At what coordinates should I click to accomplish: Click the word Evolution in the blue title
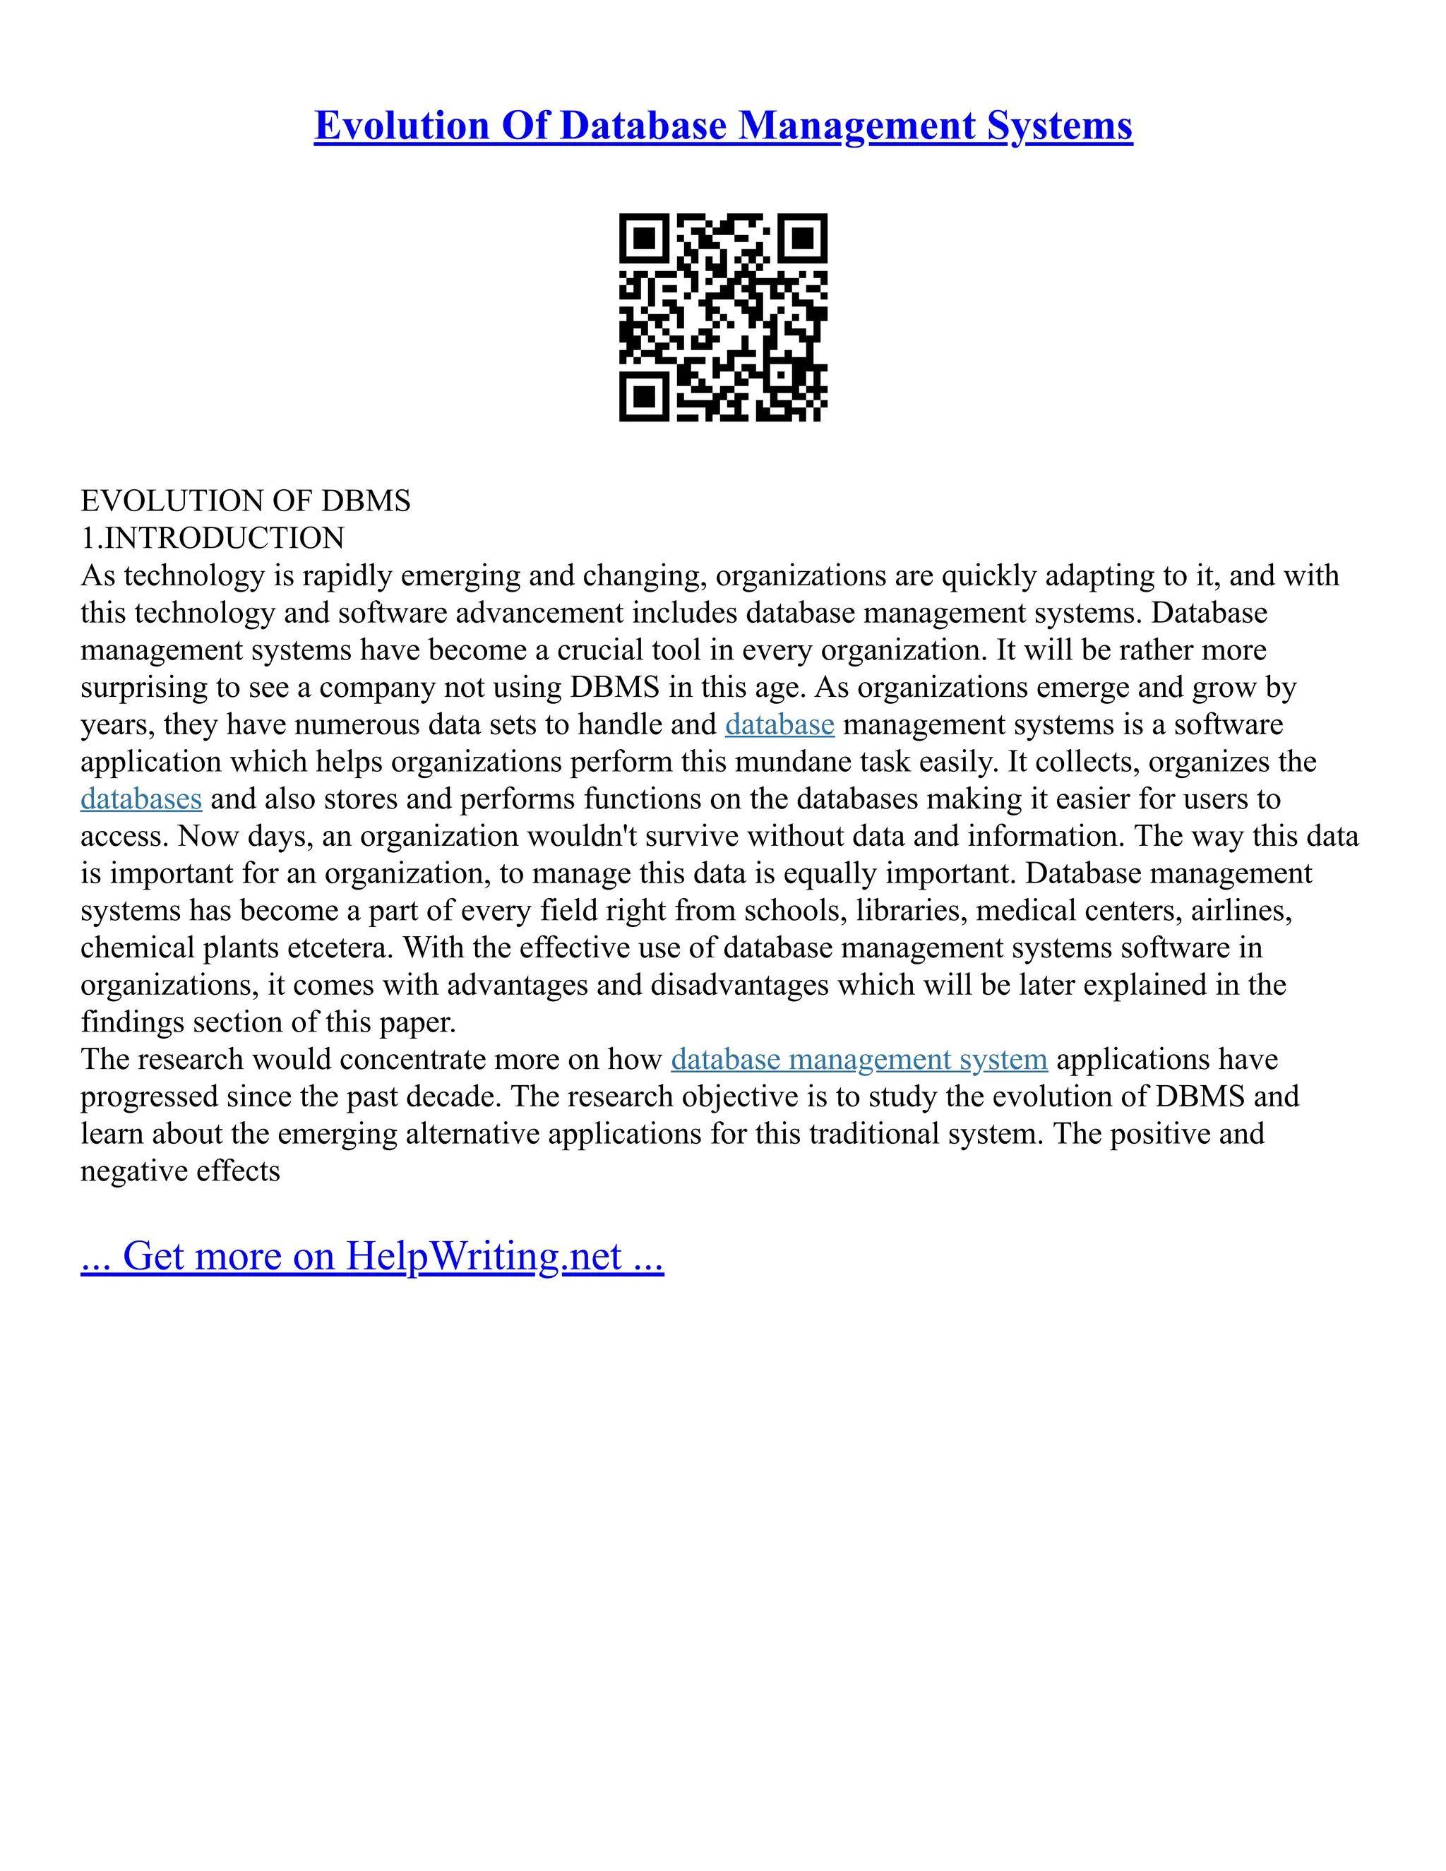coord(401,126)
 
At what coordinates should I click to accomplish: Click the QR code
coord(723,317)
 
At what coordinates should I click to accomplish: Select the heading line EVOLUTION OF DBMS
coord(245,501)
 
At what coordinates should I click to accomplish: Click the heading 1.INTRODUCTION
coord(213,538)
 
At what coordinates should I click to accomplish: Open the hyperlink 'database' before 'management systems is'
coord(779,725)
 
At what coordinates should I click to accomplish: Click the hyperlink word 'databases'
coord(141,799)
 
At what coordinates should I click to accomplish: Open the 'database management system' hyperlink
coord(859,1060)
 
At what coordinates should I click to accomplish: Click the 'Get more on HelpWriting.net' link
coord(372,1256)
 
